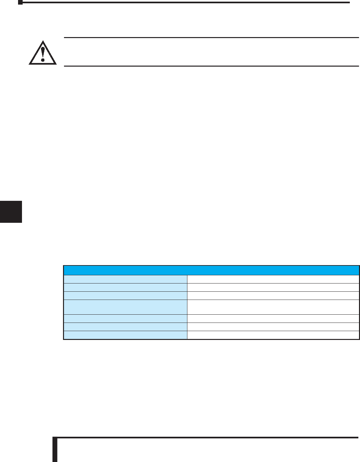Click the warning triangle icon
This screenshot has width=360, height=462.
(42, 52)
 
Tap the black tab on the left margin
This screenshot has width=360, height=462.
(11, 212)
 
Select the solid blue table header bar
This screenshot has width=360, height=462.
(211, 270)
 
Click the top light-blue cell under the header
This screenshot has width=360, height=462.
(125, 279)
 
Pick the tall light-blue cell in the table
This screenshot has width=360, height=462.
(125, 307)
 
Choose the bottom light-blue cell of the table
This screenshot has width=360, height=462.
(125, 335)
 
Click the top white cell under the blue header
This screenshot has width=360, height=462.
(273, 279)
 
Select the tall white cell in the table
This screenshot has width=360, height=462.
(273, 307)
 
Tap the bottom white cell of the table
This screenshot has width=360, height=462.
(273, 335)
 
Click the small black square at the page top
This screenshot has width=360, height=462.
(20, 2)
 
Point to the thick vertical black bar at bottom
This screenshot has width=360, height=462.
(55, 450)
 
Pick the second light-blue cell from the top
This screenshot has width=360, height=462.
(125, 287)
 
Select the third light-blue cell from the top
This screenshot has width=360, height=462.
(125, 295)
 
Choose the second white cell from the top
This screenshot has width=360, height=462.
(273, 287)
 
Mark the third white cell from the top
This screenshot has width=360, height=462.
(273, 295)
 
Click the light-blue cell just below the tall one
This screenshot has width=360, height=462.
(125, 318)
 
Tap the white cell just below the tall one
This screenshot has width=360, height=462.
(273, 318)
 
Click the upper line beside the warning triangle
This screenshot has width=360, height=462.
(211, 38)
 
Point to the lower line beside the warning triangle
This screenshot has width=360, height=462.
(211, 66)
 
